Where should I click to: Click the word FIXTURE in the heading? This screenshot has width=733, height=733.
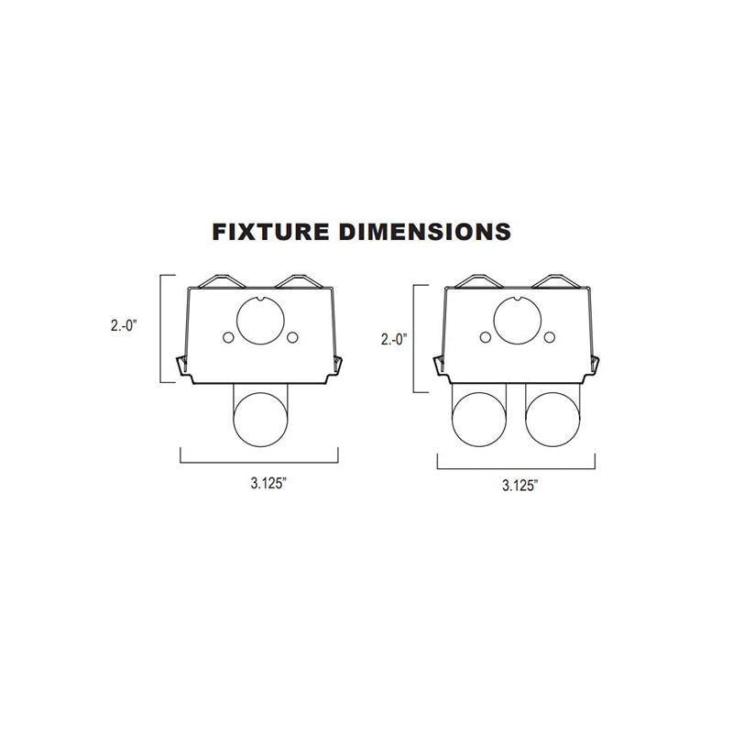pyautogui.click(x=270, y=232)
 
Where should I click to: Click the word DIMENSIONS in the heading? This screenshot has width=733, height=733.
pyautogui.click(x=425, y=232)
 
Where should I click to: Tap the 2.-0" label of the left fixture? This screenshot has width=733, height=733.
pyautogui.click(x=124, y=325)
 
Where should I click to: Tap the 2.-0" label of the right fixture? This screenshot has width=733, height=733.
pyautogui.click(x=394, y=339)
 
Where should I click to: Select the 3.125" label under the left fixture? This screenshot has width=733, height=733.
pyautogui.click(x=268, y=483)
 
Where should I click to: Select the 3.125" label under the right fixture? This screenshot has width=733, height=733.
pyautogui.click(x=520, y=486)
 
